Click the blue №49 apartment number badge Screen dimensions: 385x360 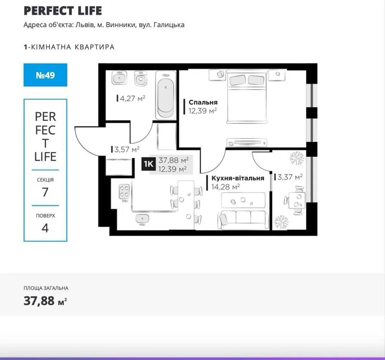tap(45, 75)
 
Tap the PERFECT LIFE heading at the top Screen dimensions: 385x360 tap(63, 11)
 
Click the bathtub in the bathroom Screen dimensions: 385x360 tap(166, 95)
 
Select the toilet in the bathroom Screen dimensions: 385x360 tap(141, 78)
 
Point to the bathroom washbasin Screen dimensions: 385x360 tap(119, 78)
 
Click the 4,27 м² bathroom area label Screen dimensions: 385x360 tap(131, 99)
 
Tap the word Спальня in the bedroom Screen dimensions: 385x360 tap(203, 102)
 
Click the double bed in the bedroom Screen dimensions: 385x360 tap(246, 96)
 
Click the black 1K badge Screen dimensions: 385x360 tap(148, 164)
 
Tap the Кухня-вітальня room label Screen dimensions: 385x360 tap(238, 178)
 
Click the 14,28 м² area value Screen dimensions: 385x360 tap(225, 187)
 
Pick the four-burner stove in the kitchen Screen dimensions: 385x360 tap(124, 191)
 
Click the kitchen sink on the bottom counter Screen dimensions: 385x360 tap(142, 219)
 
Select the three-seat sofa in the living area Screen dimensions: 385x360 tap(243, 219)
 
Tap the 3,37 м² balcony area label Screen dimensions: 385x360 tap(288, 177)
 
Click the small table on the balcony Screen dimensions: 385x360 tap(297, 200)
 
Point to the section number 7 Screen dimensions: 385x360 tap(45, 192)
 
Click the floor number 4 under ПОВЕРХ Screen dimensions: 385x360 tap(45, 228)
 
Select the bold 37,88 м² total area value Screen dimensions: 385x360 tap(45, 301)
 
